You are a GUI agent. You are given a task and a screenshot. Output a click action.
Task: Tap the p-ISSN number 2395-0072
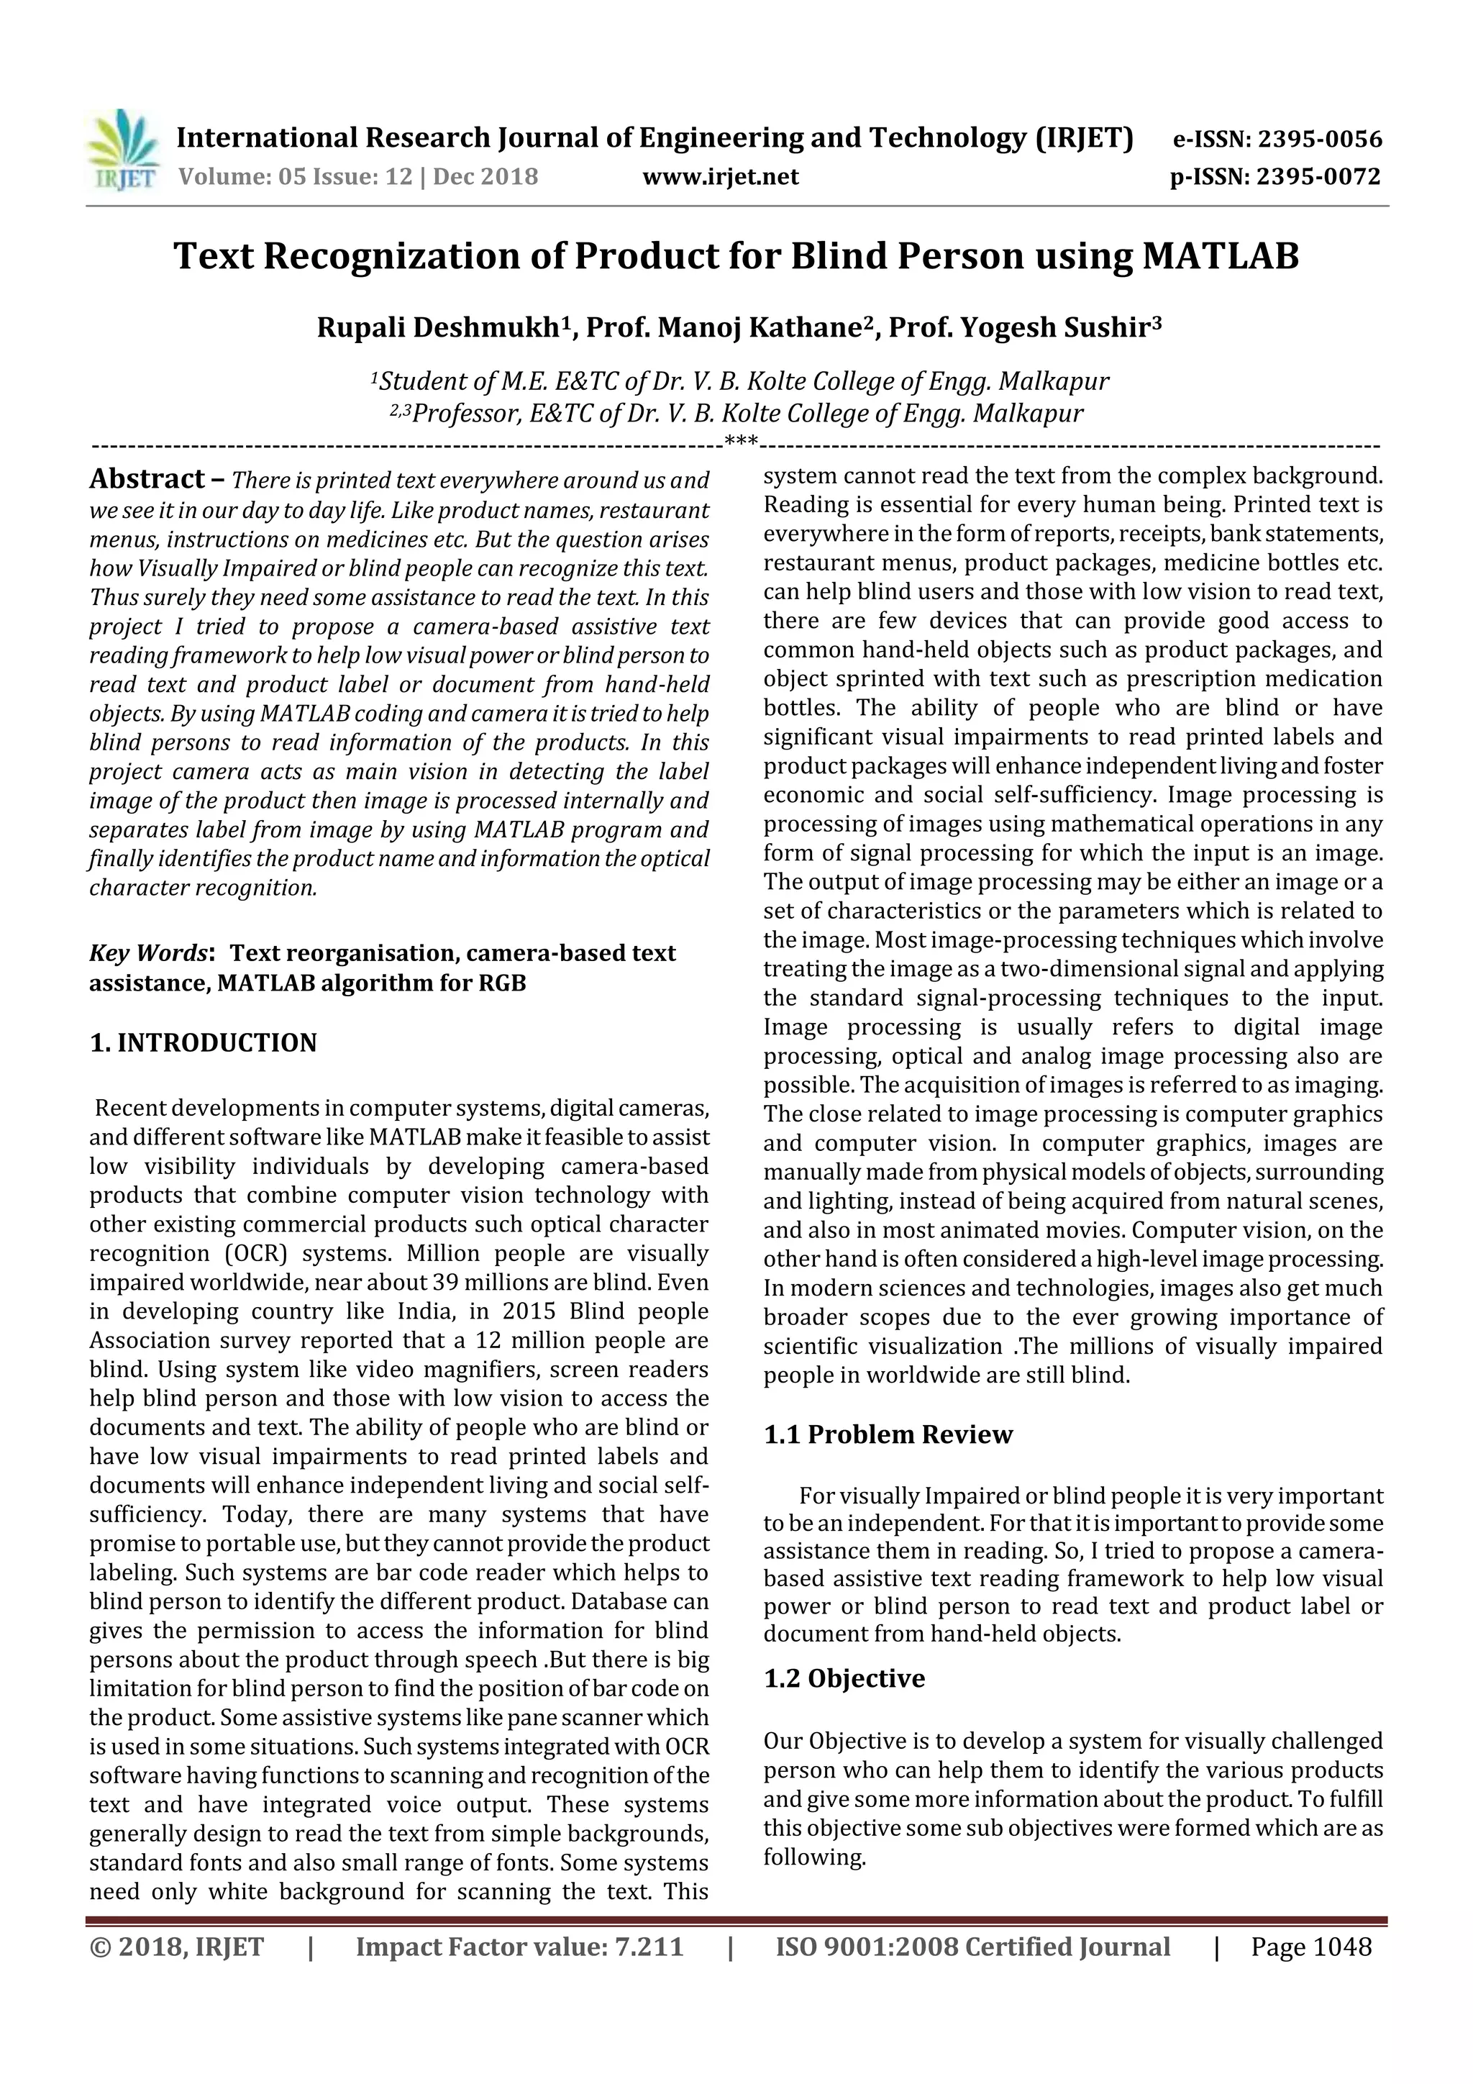1318,177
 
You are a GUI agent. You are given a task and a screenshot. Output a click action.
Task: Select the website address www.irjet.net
720,177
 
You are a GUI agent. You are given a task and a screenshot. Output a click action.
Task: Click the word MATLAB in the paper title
1220,257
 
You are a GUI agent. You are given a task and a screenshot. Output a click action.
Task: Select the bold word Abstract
147,479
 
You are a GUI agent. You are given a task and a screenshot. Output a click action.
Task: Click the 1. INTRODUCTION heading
204,1043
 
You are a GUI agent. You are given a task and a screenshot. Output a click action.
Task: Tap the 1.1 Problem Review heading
887,1434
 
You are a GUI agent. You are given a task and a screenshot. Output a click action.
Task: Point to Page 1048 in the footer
1310,1947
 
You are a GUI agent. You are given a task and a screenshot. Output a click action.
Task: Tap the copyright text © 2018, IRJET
176,1947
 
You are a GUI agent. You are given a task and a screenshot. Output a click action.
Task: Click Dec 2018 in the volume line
485,177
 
